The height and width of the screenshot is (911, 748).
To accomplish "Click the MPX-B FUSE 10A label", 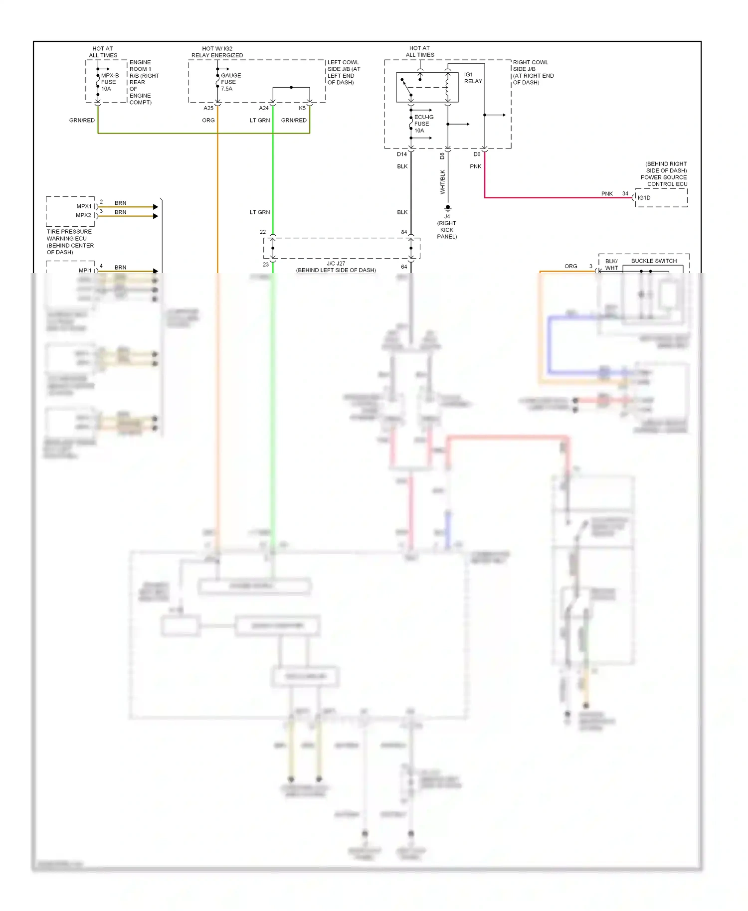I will click(109, 82).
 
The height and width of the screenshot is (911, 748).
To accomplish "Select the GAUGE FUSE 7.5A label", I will click(230, 82).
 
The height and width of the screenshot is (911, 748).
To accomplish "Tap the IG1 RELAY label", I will click(473, 78).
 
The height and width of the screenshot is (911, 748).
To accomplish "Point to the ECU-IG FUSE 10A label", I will click(423, 124).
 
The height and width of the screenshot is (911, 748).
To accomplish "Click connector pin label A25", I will click(208, 108).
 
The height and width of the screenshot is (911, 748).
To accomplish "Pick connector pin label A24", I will click(264, 108).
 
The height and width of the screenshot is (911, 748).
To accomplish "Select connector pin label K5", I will click(302, 108).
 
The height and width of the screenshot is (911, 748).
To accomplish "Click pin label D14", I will click(402, 154).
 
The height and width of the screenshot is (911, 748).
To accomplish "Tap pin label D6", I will click(477, 154).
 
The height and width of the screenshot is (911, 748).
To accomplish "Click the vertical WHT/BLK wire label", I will click(442, 182).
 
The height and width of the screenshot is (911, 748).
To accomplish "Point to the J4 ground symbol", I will click(448, 208).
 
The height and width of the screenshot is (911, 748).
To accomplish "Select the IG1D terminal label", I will click(644, 198).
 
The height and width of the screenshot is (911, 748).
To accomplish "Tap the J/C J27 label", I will click(336, 264).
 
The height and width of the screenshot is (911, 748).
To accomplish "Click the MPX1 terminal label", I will click(84, 206).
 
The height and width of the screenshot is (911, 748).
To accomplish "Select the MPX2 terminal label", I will click(83, 215).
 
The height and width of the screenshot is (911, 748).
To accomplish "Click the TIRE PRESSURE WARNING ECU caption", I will click(69, 242).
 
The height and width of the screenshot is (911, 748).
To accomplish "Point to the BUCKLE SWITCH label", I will click(654, 261).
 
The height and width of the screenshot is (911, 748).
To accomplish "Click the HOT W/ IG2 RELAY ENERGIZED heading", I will click(217, 52).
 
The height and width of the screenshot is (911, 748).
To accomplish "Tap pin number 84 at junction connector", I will click(404, 232).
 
